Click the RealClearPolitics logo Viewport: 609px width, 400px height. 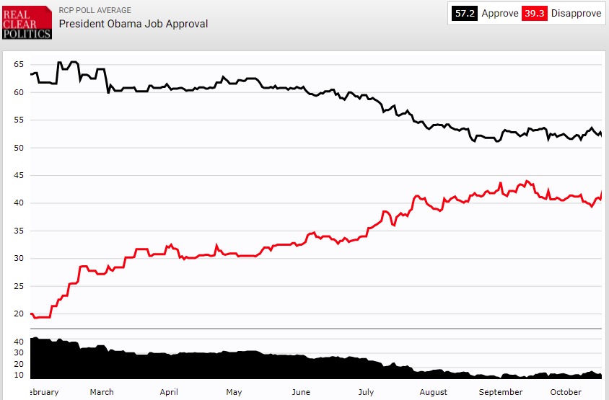pos(27,22)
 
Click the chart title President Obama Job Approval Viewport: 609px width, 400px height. pos(133,24)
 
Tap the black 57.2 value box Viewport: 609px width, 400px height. pos(465,14)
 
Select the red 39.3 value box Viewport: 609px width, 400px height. pos(535,14)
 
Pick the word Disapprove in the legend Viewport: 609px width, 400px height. pos(576,14)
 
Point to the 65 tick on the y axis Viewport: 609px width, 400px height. pos(19,64)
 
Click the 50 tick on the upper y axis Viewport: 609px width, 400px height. pos(19,148)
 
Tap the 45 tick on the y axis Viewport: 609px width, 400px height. pos(19,175)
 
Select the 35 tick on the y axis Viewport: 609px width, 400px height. pos(19,231)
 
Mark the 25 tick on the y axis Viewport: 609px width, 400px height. pos(19,286)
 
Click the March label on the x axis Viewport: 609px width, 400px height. pos(102,392)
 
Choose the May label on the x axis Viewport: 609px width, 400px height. pos(234,392)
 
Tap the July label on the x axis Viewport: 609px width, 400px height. pos(366,392)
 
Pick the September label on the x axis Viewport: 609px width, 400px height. pos(500,392)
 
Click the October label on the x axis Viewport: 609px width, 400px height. pos(566,392)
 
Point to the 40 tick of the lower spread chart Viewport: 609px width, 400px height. pos(19,341)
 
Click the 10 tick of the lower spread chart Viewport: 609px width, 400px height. pos(19,375)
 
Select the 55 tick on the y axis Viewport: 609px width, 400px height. pos(19,120)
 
